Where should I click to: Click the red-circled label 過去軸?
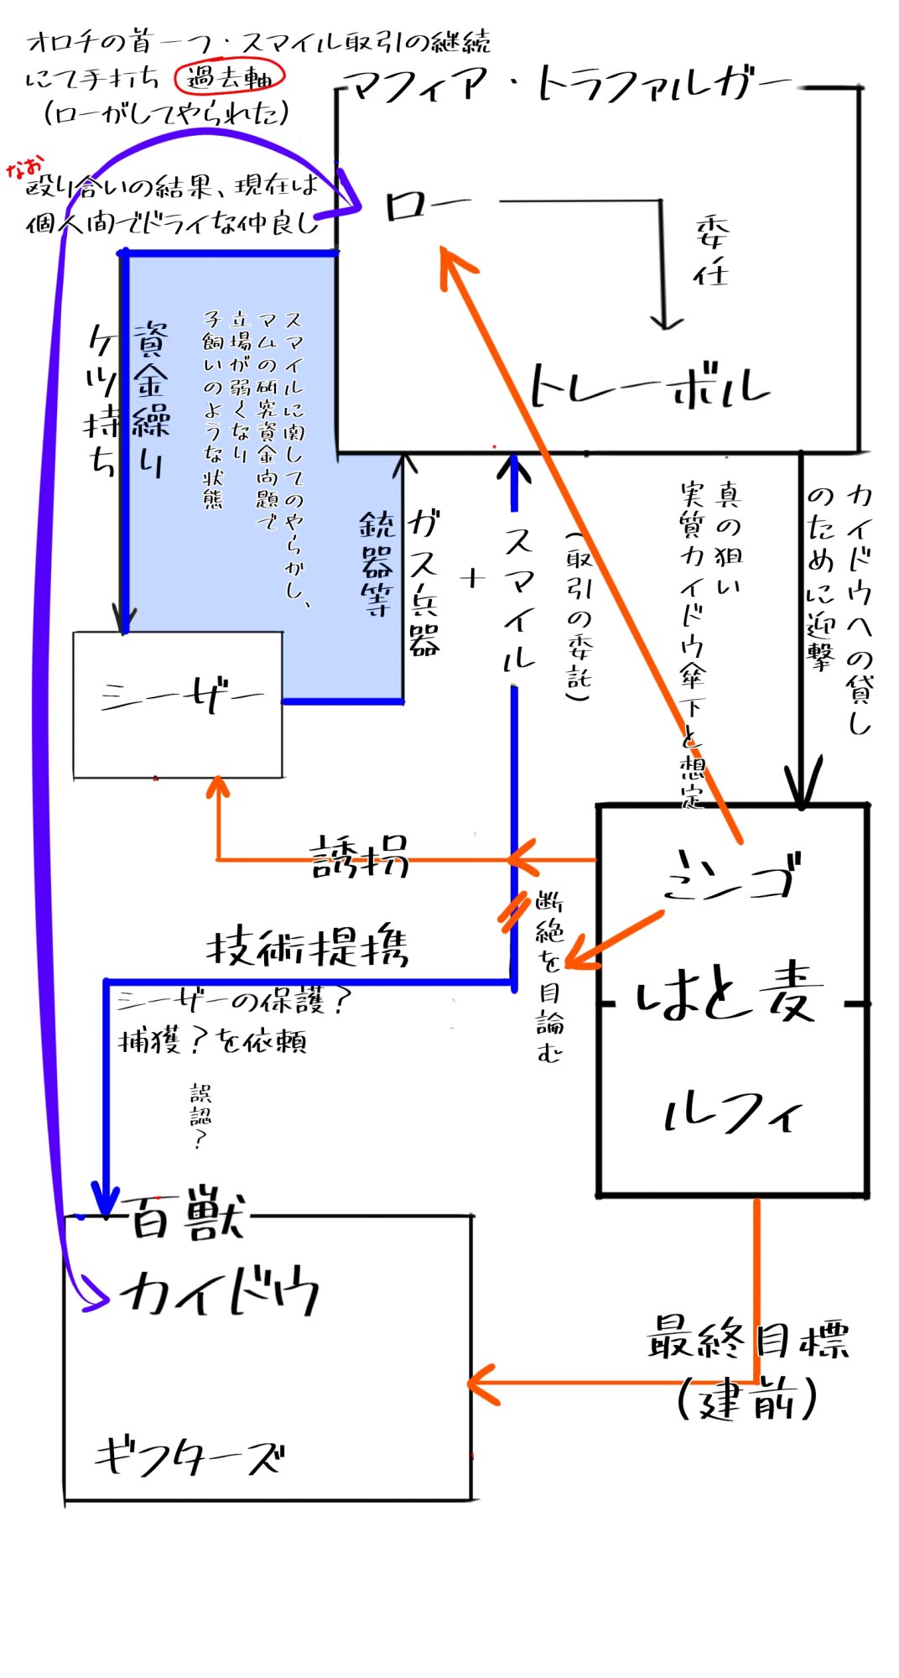pos(229,78)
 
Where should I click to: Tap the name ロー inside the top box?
pos(425,206)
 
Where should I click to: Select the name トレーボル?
pos(648,387)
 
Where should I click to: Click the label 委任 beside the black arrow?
pos(711,253)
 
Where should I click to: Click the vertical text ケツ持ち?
pos(101,401)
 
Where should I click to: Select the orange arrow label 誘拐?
pos(359,857)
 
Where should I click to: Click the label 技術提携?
pos(307,948)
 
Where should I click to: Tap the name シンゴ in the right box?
pos(730,877)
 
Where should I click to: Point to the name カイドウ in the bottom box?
pos(220,1293)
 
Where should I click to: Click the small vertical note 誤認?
pos(200,1116)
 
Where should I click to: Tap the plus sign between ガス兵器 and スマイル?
pos(473,578)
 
